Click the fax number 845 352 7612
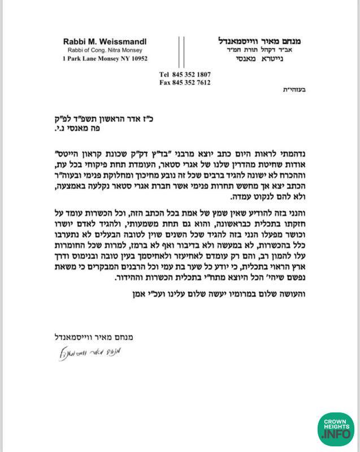click(x=192, y=82)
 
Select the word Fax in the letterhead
click(x=165, y=82)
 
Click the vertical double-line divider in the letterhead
click(x=181, y=51)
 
